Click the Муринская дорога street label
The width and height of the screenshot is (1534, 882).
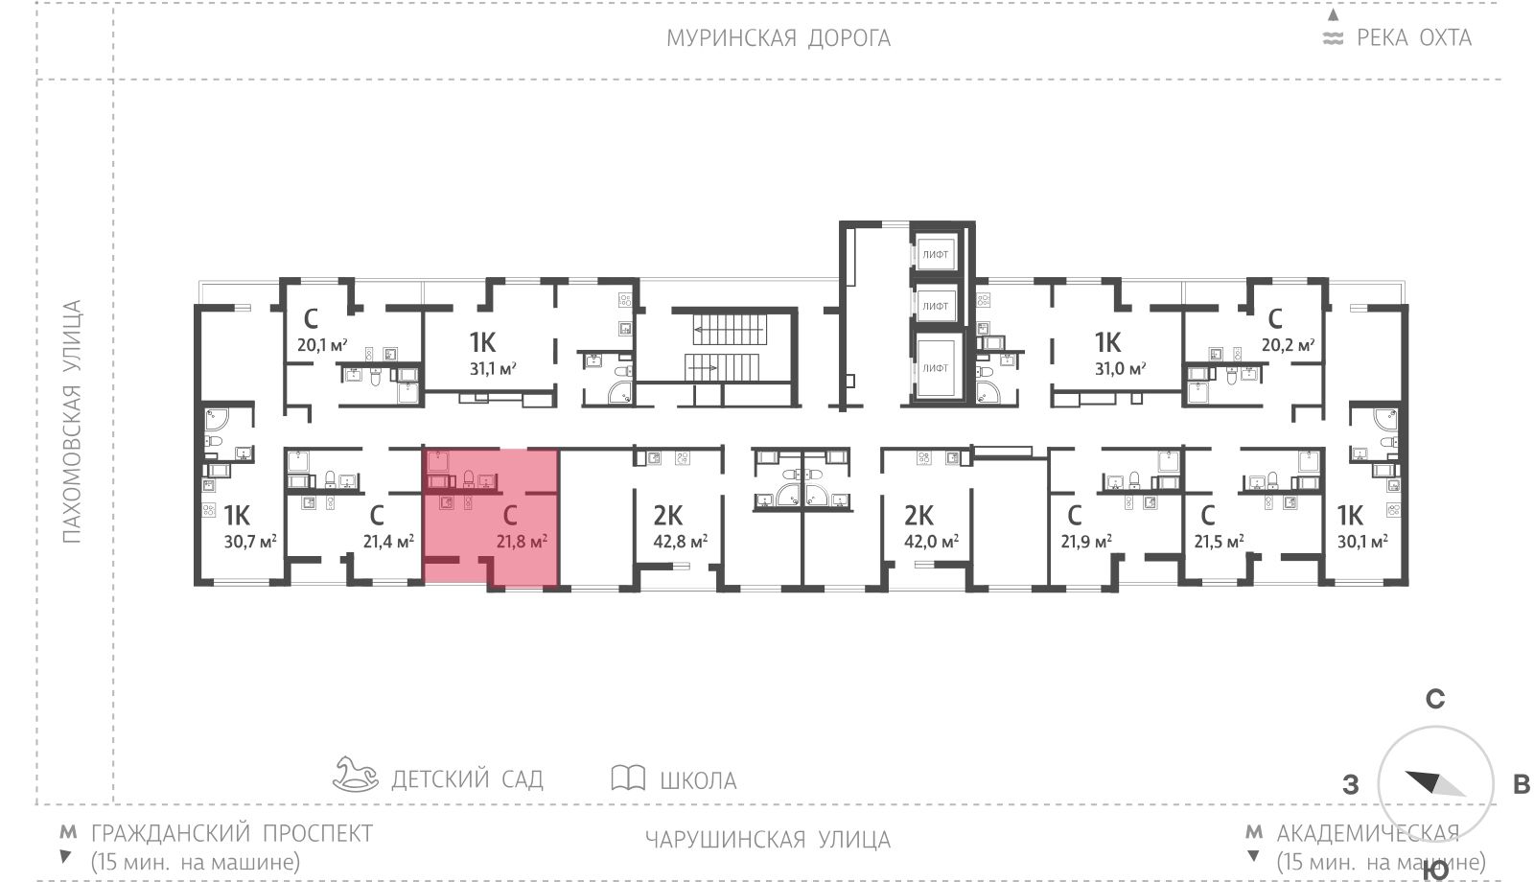[x=779, y=38]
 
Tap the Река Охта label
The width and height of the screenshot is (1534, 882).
[x=1414, y=37]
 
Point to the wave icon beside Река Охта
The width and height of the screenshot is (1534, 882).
[x=1333, y=38]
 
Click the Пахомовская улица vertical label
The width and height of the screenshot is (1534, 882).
[x=72, y=422]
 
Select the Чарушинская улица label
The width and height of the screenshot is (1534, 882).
[x=768, y=840]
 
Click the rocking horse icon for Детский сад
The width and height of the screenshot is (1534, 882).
[x=355, y=775]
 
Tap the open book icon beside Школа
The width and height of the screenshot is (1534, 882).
[x=628, y=778]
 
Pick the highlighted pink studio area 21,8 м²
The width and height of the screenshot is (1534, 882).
[x=491, y=518]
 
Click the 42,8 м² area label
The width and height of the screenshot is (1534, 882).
[x=680, y=542]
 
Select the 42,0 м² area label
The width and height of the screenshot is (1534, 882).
[x=931, y=542]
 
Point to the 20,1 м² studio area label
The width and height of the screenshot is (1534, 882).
[x=322, y=344]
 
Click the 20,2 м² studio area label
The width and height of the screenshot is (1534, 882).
[x=1289, y=344]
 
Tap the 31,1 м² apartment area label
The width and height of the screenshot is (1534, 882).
[x=493, y=369]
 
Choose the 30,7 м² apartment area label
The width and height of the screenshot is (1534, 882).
[x=250, y=542]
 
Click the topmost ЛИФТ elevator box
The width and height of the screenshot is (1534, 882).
[x=936, y=254]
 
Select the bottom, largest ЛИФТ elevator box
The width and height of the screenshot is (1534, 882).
[x=936, y=368]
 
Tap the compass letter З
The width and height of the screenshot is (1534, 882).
[x=1351, y=784]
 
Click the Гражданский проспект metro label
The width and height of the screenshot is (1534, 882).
[x=232, y=833]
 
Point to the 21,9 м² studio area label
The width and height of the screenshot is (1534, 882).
[x=1086, y=542]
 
